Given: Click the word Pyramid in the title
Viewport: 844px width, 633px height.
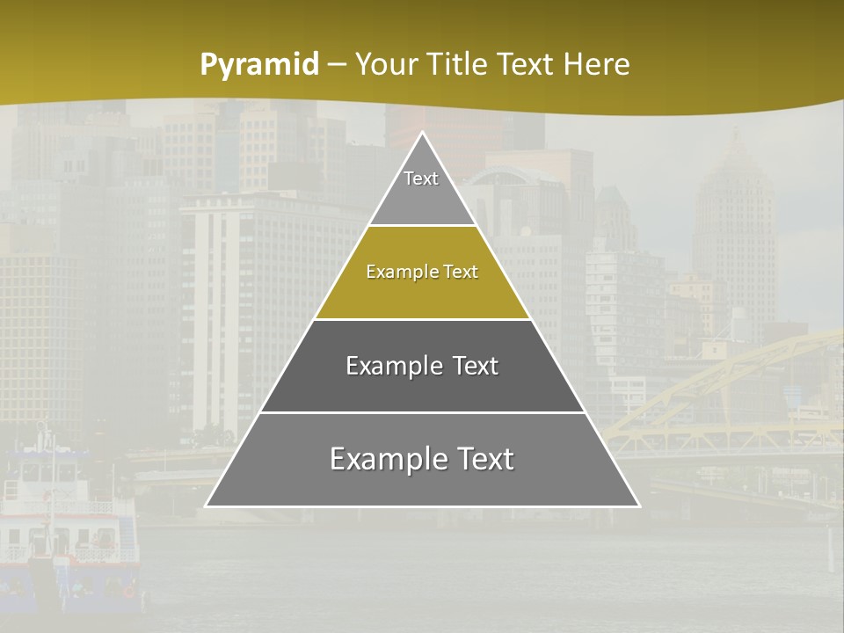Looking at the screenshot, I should (259, 65).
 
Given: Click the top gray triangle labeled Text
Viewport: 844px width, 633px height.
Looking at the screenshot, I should (422, 189).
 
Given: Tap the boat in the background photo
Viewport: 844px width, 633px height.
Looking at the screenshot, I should (66, 527).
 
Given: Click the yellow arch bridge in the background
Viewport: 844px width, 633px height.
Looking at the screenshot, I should (730, 387).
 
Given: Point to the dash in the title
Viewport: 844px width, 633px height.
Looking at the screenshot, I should (337, 65).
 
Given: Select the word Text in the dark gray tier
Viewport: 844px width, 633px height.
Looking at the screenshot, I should (471, 366).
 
